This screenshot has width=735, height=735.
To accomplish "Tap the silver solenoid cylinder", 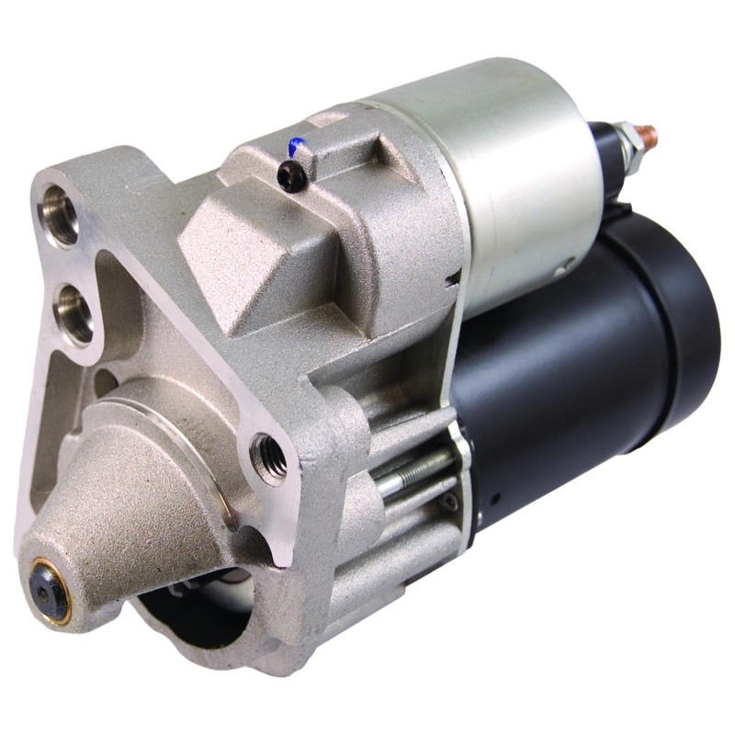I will [496, 175].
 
